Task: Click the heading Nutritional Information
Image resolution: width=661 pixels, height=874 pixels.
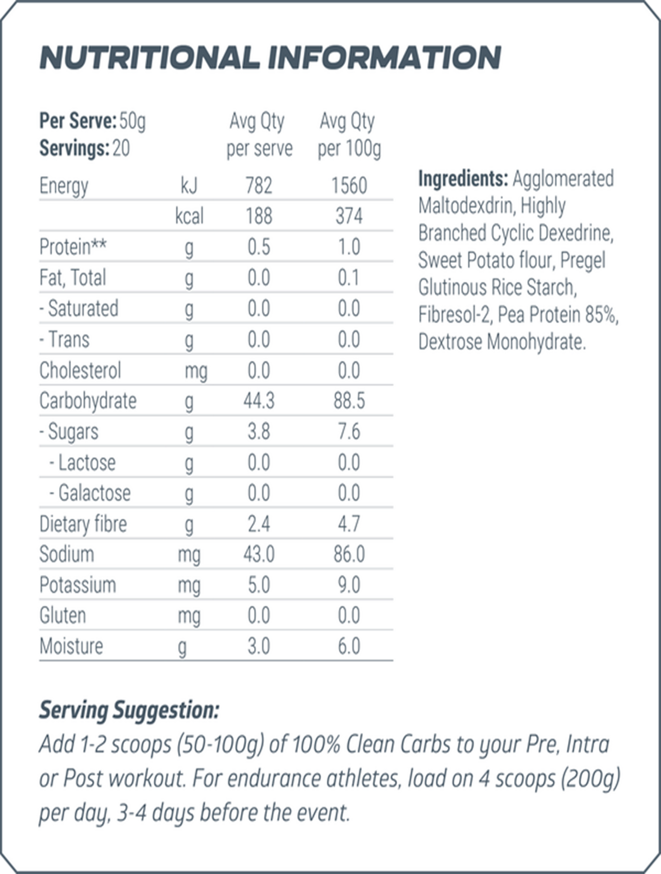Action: (x=270, y=58)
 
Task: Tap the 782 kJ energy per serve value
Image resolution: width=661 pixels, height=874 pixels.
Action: (x=259, y=186)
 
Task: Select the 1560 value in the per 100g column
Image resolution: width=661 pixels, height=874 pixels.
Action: (x=349, y=186)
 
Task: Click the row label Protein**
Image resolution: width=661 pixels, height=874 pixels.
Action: (x=73, y=247)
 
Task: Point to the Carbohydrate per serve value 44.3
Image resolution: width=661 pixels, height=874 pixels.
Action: (x=259, y=401)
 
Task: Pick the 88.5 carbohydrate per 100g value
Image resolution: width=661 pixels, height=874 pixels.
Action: (x=349, y=401)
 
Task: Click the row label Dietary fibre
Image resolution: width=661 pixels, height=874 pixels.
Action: (x=83, y=524)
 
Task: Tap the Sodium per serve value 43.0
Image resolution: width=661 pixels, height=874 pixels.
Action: (x=259, y=554)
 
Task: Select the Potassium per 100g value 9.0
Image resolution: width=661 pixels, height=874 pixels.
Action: (x=349, y=585)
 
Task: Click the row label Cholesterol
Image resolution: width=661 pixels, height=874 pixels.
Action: (x=80, y=370)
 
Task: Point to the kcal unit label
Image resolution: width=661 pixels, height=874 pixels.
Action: (x=189, y=216)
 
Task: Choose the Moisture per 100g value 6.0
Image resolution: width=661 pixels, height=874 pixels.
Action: (x=349, y=646)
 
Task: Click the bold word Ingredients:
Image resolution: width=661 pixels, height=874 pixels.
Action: (x=463, y=179)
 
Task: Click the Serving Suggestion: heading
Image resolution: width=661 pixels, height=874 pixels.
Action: (x=129, y=710)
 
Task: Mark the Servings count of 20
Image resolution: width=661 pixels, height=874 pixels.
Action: (x=121, y=148)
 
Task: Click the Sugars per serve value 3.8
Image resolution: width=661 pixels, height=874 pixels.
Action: (x=259, y=432)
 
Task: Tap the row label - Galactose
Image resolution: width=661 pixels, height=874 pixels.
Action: (x=90, y=493)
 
